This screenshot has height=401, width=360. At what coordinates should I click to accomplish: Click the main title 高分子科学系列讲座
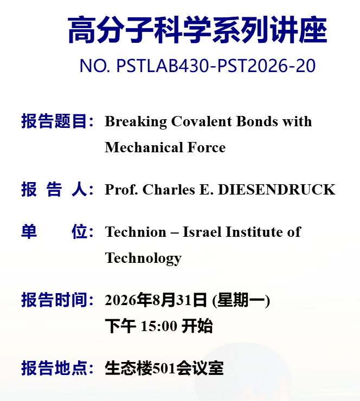197,29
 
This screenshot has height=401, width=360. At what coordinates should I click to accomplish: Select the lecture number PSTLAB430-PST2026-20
216,66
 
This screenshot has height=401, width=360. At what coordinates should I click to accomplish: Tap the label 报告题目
54,121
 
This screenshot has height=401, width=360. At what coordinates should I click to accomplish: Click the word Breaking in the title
136,121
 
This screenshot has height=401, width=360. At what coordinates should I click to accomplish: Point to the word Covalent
202,121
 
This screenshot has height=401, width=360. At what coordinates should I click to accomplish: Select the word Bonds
257,121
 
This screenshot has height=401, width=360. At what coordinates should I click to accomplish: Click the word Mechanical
144,147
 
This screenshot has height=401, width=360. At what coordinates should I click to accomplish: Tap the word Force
207,147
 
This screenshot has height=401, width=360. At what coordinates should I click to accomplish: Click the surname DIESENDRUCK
277,190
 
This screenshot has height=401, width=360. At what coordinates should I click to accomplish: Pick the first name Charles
169,190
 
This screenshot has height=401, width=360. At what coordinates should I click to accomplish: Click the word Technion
136,232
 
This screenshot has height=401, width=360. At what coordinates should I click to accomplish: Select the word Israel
202,232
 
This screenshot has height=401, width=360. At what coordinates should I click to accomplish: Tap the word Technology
143,258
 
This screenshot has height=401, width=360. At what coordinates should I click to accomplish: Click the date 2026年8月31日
156,300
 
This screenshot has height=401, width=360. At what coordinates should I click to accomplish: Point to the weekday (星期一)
241,300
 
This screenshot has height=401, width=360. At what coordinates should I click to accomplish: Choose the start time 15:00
159,326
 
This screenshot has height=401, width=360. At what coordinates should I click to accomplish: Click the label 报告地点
54,368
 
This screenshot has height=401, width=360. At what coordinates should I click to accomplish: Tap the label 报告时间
54,300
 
